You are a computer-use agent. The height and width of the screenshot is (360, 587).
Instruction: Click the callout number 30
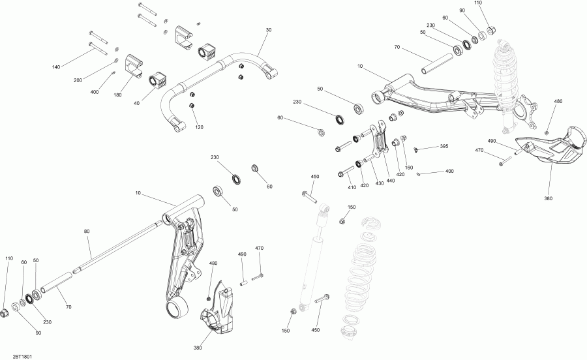coord(268,30)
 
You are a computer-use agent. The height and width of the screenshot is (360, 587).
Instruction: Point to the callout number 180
coord(118,95)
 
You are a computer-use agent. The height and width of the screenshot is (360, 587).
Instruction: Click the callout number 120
coord(199,127)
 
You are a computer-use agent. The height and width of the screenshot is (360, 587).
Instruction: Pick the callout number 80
coord(87,231)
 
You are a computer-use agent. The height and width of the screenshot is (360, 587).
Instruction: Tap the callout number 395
coord(444,147)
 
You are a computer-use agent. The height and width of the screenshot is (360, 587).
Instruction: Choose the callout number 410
coord(353,187)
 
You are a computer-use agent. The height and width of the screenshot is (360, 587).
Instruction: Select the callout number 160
coord(409,168)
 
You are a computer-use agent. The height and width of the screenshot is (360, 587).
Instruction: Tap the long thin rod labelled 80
coord(117,248)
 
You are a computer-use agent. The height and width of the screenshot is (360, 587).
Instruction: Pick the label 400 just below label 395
coord(449,171)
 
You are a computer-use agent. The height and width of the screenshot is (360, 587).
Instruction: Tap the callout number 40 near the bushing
coord(136,102)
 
